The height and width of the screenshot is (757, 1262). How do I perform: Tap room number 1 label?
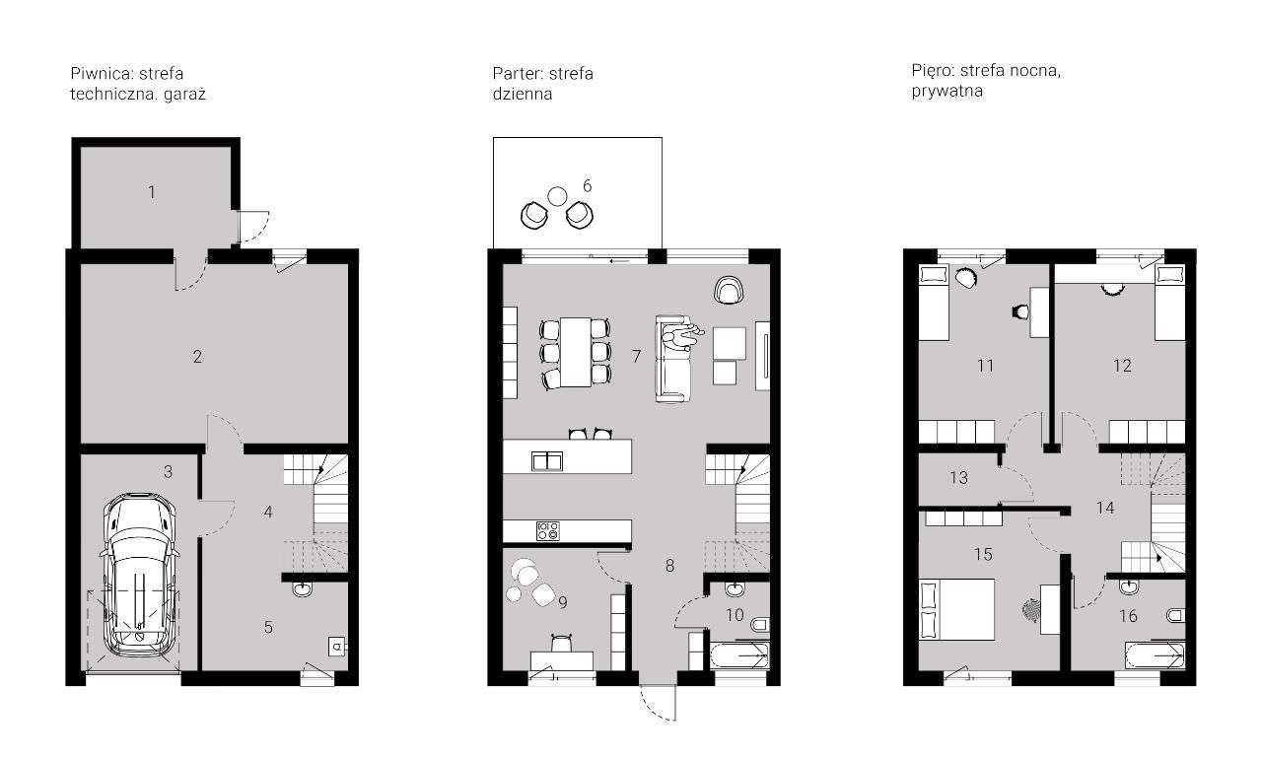click(152, 192)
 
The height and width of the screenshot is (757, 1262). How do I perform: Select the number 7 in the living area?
click(637, 357)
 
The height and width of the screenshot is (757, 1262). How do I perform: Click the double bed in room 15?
click(956, 609)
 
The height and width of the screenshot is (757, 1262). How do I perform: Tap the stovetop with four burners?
click(548, 530)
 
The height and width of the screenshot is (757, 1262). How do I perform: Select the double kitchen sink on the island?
click(545, 460)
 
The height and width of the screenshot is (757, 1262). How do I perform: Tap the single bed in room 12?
click(1169, 303)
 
